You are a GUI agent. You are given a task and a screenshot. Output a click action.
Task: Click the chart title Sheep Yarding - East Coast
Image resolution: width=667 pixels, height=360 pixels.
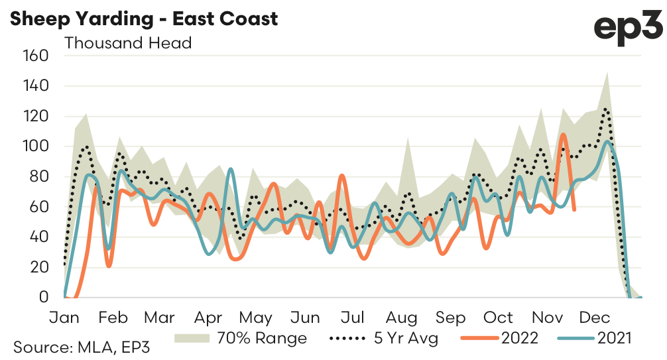click(x=143, y=18)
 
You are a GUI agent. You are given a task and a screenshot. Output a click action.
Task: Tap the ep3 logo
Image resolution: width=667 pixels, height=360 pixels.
click(x=627, y=27)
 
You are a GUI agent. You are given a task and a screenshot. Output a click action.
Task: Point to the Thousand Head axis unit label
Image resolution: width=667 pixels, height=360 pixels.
click(x=128, y=43)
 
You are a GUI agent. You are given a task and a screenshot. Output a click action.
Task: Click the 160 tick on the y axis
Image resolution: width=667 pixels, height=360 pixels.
click(x=36, y=55)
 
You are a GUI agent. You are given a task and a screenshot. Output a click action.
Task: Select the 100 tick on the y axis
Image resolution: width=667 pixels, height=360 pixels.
click(x=36, y=146)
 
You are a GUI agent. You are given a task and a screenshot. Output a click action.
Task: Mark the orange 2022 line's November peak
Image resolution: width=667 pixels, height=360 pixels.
click(x=563, y=135)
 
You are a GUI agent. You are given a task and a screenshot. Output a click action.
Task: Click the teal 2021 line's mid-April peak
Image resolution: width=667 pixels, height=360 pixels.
click(x=230, y=169)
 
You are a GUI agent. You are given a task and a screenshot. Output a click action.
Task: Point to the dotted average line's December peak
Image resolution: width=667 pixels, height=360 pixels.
click(x=605, y=109)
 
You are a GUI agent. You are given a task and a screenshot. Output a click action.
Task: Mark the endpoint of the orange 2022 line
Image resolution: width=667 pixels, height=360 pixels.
click(x=574, y=210)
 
